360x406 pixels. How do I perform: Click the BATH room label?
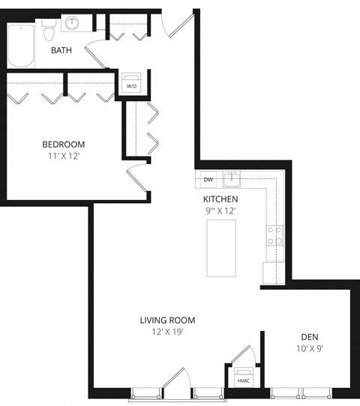click(61, 50)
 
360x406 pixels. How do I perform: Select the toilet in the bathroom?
click(49, 30)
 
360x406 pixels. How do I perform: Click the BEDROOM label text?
click(63, 144)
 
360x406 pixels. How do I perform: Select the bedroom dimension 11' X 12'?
click(63, 157)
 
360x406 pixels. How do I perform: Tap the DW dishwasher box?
click(208, 180)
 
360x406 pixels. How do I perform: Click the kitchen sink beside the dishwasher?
click(233, 179)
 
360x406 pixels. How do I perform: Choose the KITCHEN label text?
click(220, 199)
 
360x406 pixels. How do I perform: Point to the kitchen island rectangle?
click(221, 247)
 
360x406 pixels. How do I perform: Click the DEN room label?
click(310, 336)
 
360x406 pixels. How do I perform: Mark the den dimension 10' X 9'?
click(310, 349)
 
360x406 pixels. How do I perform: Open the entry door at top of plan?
click(177, 27)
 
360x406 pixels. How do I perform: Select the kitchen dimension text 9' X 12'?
click(220, 211)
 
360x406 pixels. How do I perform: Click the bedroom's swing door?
click(137, 181)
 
